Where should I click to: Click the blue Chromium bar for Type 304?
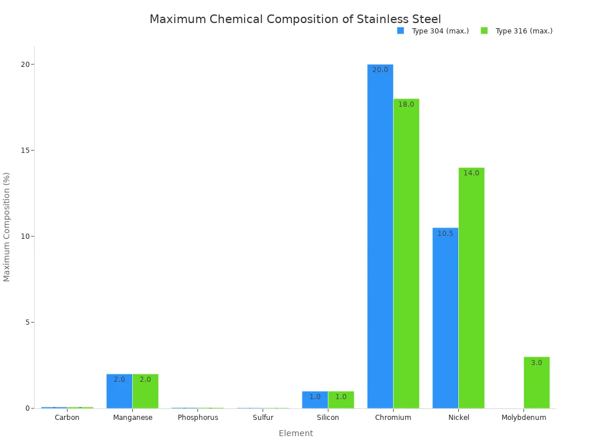[x=380, y=236]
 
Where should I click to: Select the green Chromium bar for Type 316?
[x=406, y=254]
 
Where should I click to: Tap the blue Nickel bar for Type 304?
[x=445, y=318]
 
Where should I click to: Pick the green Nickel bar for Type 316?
[x=472, y=288]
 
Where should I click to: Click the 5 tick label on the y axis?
[x=27, y=322]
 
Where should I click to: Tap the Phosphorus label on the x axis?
[x=198, y=418]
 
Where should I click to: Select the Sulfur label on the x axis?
[x=263, y=418]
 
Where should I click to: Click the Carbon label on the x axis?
[x=67, y=418]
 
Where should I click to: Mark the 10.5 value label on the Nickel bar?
[x=445, y=234]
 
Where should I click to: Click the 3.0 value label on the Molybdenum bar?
[x=537, y=363]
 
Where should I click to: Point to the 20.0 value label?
[x=380, y=70]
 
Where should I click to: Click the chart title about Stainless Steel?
[x=295, y=20]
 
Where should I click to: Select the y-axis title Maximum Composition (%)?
[x=7, y=227]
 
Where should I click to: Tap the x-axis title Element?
[x=295, y=433]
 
